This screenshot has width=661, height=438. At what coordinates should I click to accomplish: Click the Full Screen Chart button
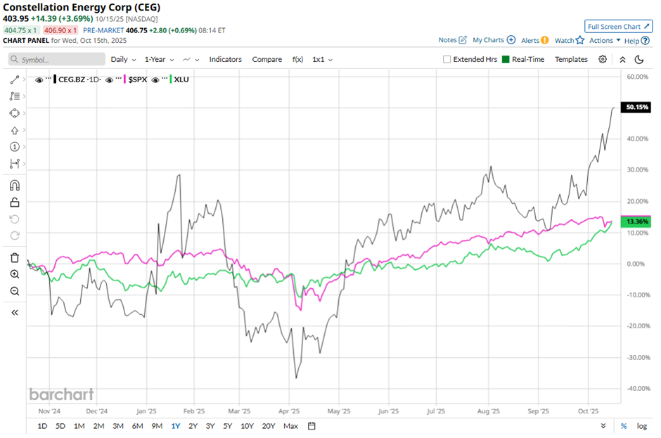click(x=618, y=27)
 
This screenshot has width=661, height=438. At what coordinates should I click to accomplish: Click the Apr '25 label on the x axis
click(x=289, y=411)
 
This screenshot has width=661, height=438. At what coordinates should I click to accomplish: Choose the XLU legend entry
click(x=181, y=79)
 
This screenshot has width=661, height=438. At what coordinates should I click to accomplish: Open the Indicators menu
click(x=225, y=60)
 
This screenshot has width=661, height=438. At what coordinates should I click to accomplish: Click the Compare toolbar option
click(x=267, y=60)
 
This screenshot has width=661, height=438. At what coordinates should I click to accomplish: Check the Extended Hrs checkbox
click(x=447, y=60)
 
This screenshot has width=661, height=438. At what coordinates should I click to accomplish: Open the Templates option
click(x=571, y=60)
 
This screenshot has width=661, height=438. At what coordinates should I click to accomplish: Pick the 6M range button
click(x=137, y=426)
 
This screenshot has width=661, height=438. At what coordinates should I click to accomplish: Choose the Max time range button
click(x=290, y=426)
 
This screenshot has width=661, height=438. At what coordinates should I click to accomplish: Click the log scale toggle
click(x=642, y=426)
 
